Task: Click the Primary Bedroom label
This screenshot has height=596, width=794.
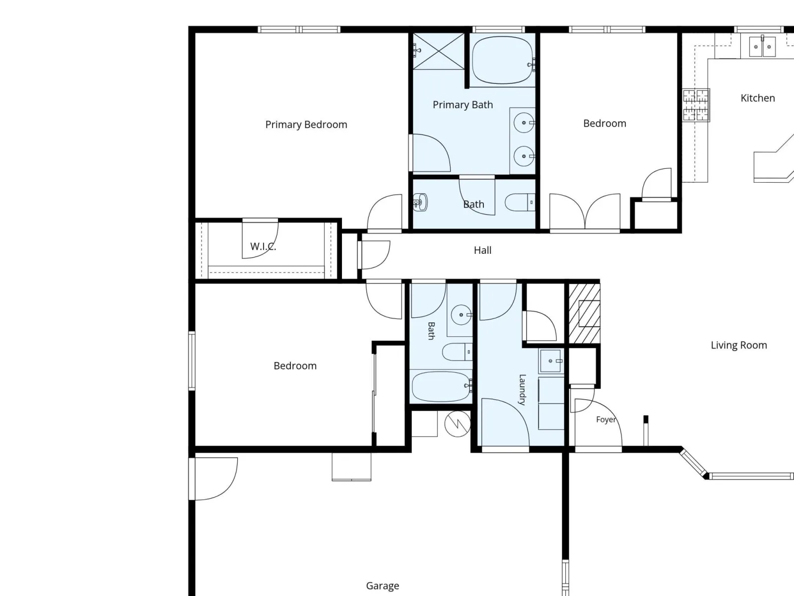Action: pos(306,125)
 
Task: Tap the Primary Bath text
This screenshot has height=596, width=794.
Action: pos(463,105)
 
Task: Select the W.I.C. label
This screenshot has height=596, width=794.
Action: pos(263,246)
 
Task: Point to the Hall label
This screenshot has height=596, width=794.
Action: pos(482,250)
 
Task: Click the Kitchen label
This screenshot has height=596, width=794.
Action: pos(757,98)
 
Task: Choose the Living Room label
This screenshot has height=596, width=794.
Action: pos(738,345)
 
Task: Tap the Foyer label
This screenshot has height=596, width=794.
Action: pos(606,419)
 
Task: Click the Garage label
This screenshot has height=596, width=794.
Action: pos(382,586)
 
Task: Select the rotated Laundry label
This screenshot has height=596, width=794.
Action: pos(522,390)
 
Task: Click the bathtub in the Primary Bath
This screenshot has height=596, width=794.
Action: pos(502,60)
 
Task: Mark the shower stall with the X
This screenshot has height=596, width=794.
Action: pos(438,51)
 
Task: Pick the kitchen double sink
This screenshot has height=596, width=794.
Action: pos(762,47)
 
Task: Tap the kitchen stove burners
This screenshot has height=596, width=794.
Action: pos(696,105)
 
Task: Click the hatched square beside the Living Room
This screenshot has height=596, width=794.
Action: pos(584,313)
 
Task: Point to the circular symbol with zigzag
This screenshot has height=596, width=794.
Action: pos(458,423)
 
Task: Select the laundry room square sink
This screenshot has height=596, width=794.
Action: pos(551,361)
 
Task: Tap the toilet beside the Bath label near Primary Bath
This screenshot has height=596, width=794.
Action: pos(520,202)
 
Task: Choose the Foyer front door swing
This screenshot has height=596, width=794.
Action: pos(598,422)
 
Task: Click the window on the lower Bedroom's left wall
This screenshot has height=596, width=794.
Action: pos(192,361)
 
